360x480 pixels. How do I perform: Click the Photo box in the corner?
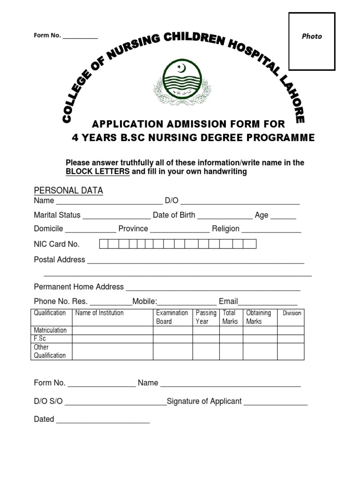(x=312, y=41)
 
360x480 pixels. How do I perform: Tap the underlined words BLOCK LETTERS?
(x=97, y=172)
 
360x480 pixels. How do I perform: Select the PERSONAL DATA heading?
(x=68, y=190)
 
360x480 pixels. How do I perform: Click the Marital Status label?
(x=57, y=215)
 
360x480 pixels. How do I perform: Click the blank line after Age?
(x=283, y=217)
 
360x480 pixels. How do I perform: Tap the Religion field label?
(x=225, y=229)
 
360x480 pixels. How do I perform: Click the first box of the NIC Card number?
(x=104, y=244)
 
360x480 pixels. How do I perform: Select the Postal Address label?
(x=60, y=259)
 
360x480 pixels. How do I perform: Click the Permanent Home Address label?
(x=79, y=286)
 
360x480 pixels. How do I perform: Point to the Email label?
(x=228, y=301)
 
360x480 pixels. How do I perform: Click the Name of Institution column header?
(x=99, y=313)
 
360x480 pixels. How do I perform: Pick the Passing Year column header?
(x=206, y=317)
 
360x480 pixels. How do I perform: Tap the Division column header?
(x=292, y=313)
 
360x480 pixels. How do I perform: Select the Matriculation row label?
(x=50, y=330)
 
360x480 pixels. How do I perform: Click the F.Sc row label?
(x=40, y=338)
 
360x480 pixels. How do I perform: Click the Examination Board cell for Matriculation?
(x=172, y=330)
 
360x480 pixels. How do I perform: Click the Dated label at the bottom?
(x=44, y=419)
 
